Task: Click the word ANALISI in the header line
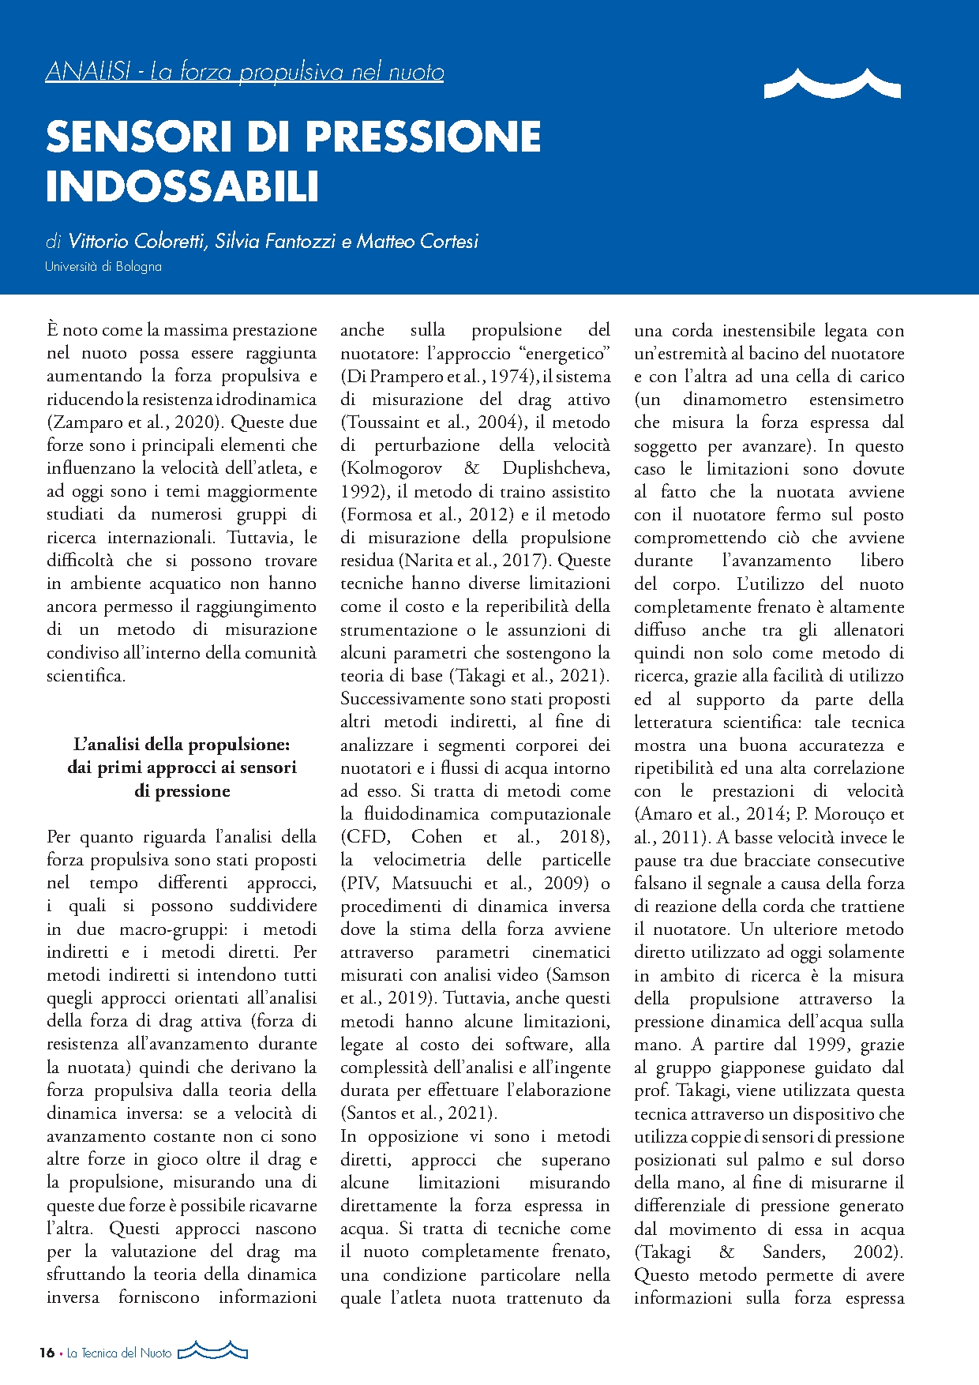point(88,72)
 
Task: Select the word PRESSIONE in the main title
point(423,137)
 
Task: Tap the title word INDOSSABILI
point(182,186)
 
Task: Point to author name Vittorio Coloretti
point(139,241)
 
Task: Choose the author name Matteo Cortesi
point(418,241)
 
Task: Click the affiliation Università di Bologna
point(103,267)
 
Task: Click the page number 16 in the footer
point(47,1353)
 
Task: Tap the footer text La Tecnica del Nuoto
point(119,1353)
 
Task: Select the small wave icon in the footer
point(212,1350)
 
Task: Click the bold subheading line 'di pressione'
point(182,790)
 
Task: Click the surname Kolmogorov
point(392,468)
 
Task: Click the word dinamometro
point(735,400)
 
